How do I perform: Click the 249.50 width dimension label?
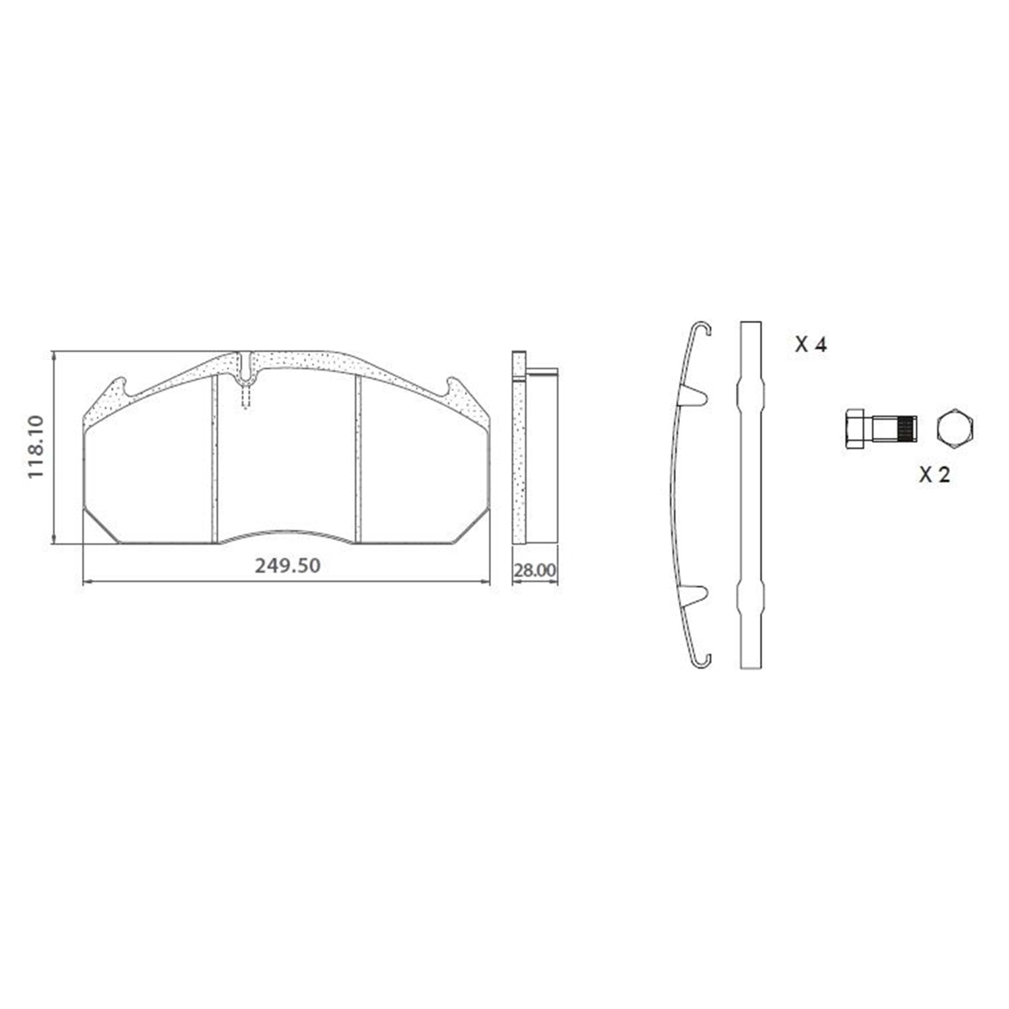(287, 566)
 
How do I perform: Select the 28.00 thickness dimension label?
(535, 570)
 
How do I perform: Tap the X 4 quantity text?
(811, 345)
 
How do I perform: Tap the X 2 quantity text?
(935, 475)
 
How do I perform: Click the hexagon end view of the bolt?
(955, 428)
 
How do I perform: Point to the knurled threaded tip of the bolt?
(906, 428)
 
